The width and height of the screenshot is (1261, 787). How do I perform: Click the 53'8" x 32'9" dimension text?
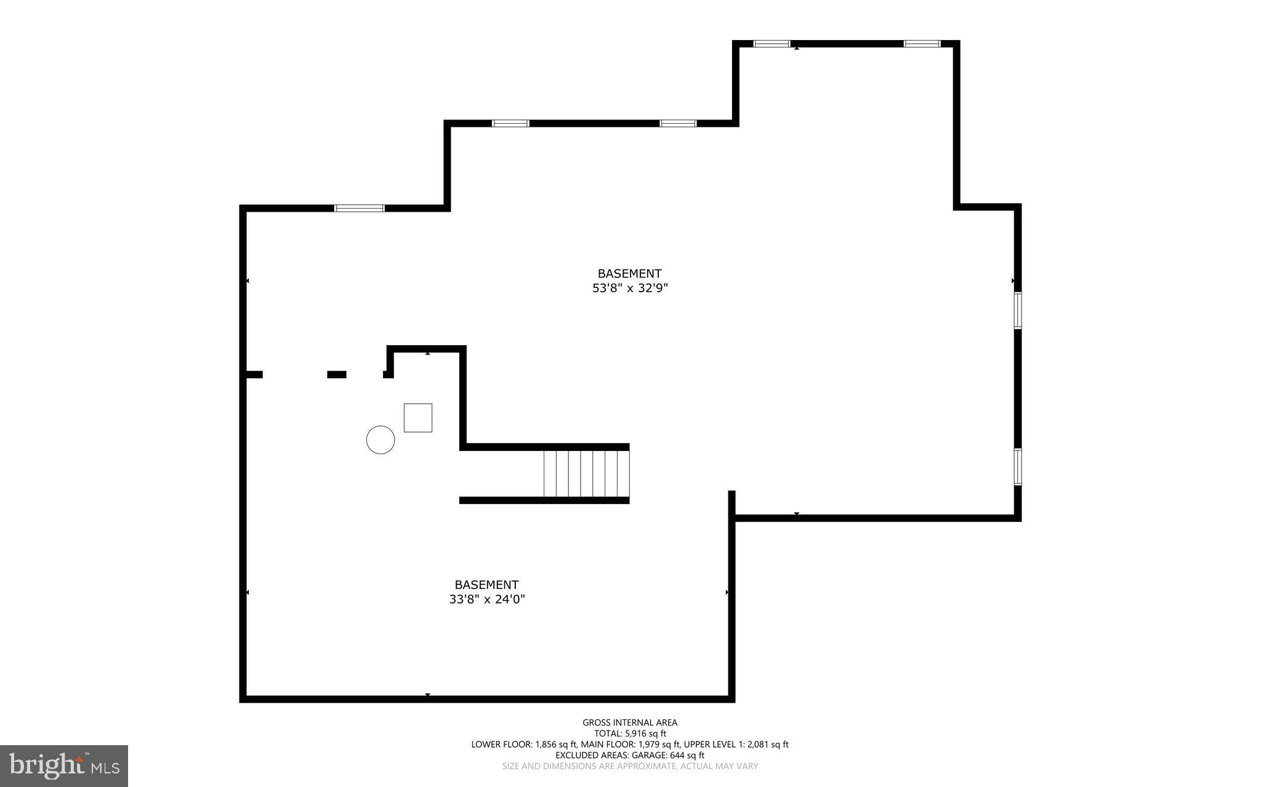pos(630,288)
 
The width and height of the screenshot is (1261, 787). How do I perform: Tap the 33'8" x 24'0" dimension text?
pos(486,599)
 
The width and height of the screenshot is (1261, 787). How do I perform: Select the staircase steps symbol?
pos(586,473)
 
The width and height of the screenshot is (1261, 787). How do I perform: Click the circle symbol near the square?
pos(381,440)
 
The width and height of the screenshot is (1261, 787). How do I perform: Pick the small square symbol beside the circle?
pos(417,418)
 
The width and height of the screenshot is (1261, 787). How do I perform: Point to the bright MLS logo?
pos(64,765)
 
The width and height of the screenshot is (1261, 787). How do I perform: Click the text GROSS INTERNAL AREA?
pos(630,722)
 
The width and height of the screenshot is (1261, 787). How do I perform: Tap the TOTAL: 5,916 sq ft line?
pos(630,733)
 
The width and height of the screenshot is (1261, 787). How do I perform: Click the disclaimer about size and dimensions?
pos(630,766)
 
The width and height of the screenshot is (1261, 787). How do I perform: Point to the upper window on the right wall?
pos(1018,311)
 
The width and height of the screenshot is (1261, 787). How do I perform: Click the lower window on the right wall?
pos(1018,467)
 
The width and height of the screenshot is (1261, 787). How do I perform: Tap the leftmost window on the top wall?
pos(359,208)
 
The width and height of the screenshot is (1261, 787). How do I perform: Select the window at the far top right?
pos(922,44)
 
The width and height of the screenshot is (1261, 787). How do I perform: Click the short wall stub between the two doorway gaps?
pos(336,374)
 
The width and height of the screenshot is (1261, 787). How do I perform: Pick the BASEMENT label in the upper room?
pos(629,273)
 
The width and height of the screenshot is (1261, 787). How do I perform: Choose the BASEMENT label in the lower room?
pos(486,585)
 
